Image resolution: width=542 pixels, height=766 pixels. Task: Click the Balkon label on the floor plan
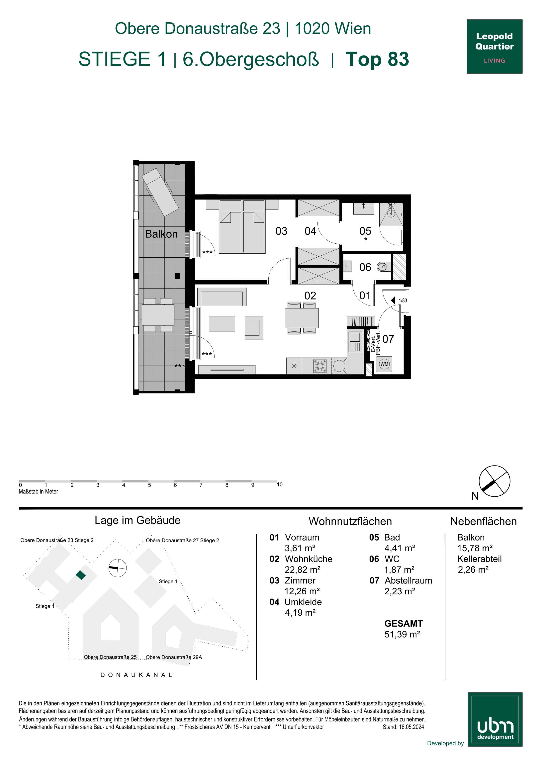click(161, 234)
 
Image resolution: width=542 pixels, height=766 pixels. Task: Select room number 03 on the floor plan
click(281, 231)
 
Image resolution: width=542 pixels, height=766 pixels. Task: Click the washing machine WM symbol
click(384, 364)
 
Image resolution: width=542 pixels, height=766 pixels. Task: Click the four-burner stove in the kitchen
click(320, 366)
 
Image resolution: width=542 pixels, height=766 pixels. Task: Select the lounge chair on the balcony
click(161, 192)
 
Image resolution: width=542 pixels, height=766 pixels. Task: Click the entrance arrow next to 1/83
click(393, 300)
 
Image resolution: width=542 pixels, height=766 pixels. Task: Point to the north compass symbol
click(494, 481)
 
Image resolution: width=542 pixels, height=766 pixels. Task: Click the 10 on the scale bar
click(280, 484)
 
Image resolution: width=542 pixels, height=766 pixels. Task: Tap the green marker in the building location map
click(80, 575)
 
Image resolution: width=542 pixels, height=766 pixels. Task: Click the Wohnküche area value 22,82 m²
click(302, 569)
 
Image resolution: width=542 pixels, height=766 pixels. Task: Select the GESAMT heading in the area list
click(403, 624)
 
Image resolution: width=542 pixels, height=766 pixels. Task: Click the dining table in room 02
click(301, 318)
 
